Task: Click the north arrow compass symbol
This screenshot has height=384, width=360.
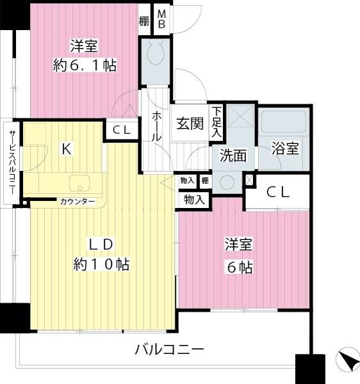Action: pos(347,362)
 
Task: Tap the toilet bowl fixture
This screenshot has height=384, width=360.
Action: pos(156,54)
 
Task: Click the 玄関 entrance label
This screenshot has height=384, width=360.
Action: pos(190,124)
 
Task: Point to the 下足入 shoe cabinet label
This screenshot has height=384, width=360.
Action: pos(218,122)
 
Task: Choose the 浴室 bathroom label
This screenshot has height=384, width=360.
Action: pos(286,149)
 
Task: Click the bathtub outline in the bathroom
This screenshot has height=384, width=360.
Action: pos(284,122)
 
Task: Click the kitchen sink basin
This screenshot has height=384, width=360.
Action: pos(80,183)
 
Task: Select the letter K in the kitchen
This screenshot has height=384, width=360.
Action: pos(65,149)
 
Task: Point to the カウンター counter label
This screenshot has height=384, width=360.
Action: pos(78,202)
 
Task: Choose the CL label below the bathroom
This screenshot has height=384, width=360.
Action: pos(279,191)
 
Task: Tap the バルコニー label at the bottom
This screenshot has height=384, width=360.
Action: pos(169,350)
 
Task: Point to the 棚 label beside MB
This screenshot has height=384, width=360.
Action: pos(144,21)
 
